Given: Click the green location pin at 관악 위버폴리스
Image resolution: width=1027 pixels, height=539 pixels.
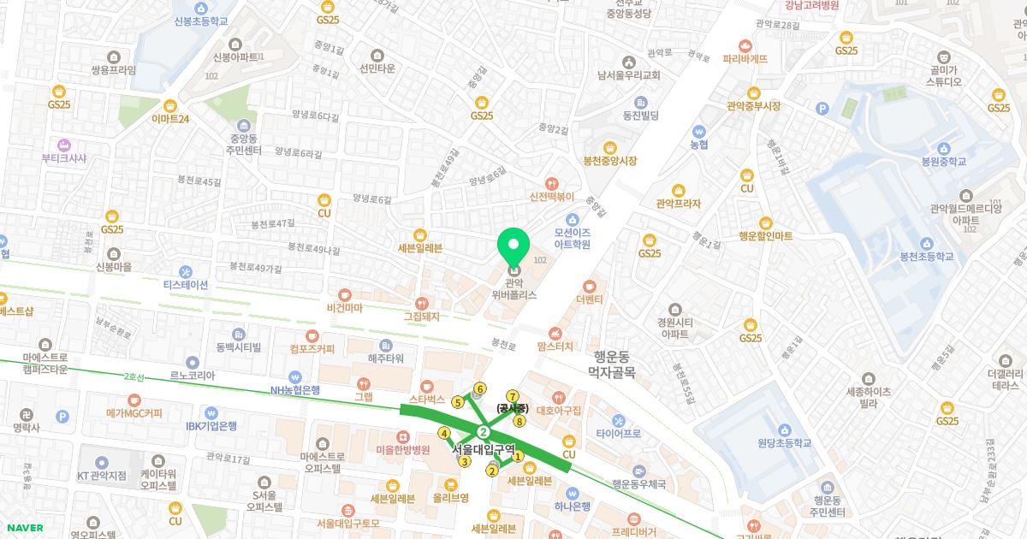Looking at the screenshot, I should click(513, 246).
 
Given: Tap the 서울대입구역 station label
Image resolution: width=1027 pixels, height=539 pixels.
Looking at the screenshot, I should click(484, 448).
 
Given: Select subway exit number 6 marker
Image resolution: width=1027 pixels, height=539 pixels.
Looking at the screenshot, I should click(480, 389).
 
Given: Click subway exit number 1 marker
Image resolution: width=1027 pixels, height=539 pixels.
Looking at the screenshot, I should click(518, 457).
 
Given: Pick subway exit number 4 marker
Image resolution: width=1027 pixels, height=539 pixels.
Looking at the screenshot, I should click(444, 433).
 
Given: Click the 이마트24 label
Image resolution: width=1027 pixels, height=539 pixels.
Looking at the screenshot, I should click(169, 119).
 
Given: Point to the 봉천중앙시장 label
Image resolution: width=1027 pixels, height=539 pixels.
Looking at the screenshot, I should click(610, 161).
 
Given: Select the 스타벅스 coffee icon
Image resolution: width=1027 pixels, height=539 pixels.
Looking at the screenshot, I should click(426, 387).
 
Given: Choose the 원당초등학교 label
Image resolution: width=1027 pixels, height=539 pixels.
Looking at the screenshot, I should click(784, 443).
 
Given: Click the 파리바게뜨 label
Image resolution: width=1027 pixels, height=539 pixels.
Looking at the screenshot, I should click(745, 59).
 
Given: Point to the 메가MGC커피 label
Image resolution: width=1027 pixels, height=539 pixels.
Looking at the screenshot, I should click(134, 413).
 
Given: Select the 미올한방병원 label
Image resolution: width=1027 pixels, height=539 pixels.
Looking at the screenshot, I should click(403, 450).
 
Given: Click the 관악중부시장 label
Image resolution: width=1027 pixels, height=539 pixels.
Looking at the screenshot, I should click(753, 106).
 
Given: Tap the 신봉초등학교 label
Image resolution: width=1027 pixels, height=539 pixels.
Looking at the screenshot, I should click(200, 21).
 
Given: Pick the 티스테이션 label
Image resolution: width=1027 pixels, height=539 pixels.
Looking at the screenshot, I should click(186, 285).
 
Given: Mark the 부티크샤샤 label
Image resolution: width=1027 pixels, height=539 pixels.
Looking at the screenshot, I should click(64, 157).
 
